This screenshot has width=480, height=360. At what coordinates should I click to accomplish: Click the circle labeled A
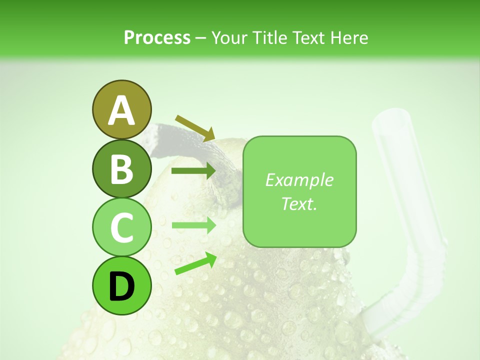click(121, 110)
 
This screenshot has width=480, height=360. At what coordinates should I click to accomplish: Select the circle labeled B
click(121, 168)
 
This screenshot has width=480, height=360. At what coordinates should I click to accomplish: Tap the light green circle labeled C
click(121, 227)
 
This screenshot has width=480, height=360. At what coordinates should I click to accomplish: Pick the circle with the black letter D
click(121, 285)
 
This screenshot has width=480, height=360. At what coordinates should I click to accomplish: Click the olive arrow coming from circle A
click(195, 128)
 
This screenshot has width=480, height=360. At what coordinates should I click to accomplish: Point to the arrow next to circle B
click(193, 171)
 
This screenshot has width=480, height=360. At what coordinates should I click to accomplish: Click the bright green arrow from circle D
click(195, 263)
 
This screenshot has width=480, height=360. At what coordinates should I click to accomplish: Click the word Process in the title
click(157, 37)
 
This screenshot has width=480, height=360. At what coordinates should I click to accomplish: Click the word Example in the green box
click(299, 180)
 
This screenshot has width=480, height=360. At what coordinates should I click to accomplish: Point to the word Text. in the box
click(299, 203)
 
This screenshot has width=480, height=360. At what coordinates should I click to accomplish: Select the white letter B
click(121, 168)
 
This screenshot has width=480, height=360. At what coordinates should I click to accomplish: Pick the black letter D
click(121, 285)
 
